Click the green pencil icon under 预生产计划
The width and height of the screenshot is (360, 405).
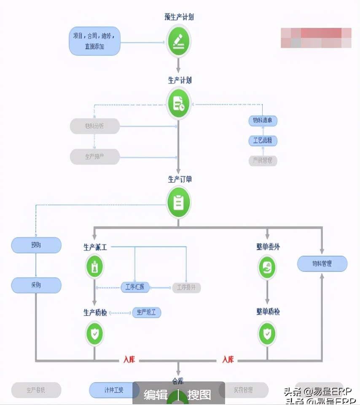pyautogui.click(x=178, y=41)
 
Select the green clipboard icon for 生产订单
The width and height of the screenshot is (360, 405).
pyautogui.click(x=178, y=203)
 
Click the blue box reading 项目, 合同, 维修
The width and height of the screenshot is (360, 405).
pyautogui.click(x=94, y=41)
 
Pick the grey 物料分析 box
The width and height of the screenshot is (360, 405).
pyautogui.click(x=94, y=126)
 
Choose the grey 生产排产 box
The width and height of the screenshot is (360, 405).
pyautogui.click(x=94, y=157)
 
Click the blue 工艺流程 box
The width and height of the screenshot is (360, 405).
pyautogui.click(x=263, y=140)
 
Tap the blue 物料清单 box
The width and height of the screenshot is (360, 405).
pyautogui.click(x=263, y=121)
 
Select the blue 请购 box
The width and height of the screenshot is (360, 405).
pyautogui.click(x=36, y=245)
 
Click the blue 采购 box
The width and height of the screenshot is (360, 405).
pyautogui.click(x=36, y=285)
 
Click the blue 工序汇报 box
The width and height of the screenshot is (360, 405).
pyautogui.click(x=135, y=288)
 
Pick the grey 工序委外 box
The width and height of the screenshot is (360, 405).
pyautogui.click(x=186, y=288)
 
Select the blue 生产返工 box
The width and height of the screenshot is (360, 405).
pyautogui.click(x=147, y=313)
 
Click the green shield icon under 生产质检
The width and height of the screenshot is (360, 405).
pyautogui.click(x=94, y=334)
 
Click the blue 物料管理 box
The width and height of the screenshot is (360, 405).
pyautogui.click(x=322, y=264)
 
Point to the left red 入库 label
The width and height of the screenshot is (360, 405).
pyautogui.click(x=129, y=360)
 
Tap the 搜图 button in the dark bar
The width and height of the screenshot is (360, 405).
pyautogui.click(x=199, y=395)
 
